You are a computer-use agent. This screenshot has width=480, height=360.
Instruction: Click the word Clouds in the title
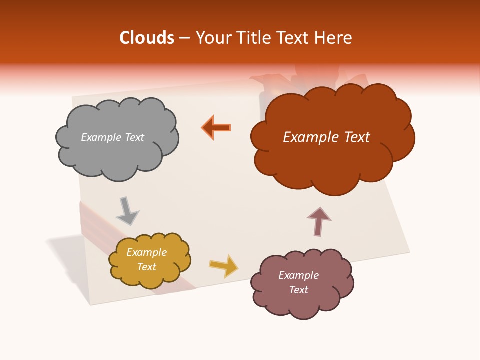[x=147, y=38]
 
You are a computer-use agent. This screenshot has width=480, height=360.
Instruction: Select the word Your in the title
[x=214, y=38]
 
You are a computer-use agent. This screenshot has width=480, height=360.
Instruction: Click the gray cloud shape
[x=117, y=155]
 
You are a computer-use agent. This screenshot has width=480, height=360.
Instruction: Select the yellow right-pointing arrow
[x=224, y=266]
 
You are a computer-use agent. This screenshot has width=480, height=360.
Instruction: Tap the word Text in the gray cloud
[x=134, y=137]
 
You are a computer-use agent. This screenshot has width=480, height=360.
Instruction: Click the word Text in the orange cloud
[x=356, y=137]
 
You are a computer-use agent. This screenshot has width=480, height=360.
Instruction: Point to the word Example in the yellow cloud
[x=146, y=252]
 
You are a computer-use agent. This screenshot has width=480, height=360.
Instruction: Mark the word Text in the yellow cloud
[x=146, y=267]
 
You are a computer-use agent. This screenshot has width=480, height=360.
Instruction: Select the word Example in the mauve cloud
[x=298, y=275]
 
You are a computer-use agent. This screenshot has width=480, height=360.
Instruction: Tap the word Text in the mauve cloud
[x=298, y=290]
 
